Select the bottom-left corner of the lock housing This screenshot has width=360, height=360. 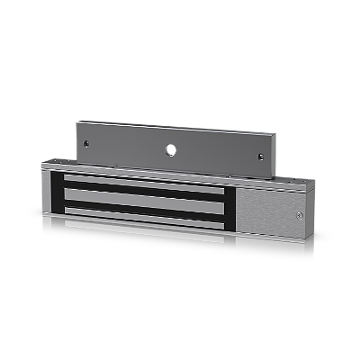(x=42, y=211)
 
